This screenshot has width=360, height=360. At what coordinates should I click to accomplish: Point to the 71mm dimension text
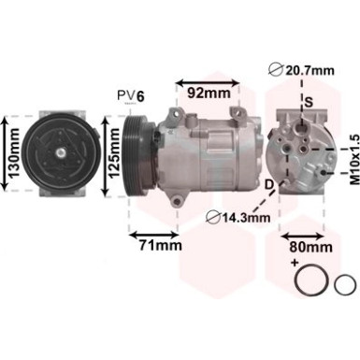153,247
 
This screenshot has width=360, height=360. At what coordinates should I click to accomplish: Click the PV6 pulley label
130,95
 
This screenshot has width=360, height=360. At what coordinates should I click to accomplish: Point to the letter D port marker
269,183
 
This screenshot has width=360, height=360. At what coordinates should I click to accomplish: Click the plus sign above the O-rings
295,265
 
